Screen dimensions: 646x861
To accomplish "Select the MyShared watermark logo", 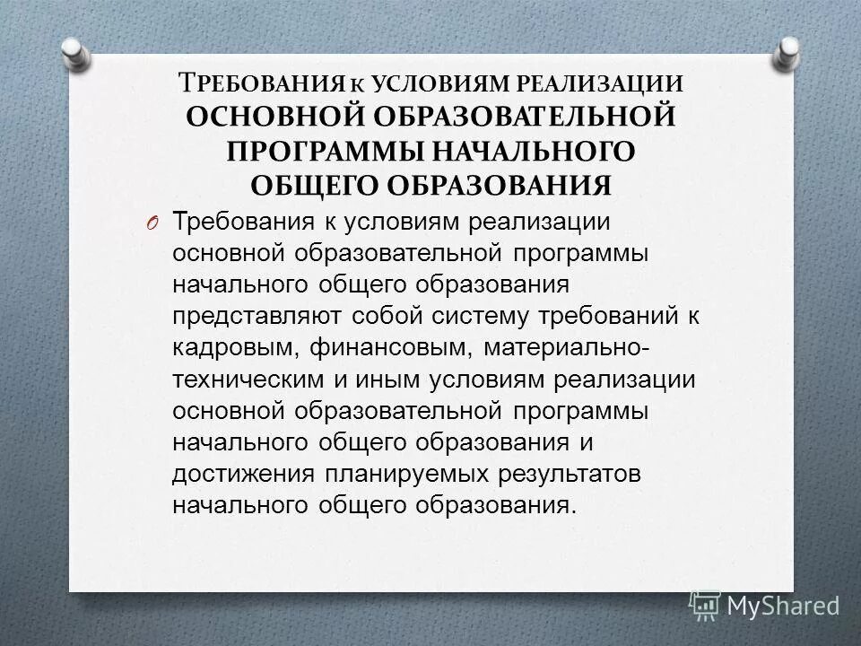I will [x=765, y=605].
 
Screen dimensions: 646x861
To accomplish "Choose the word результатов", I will [x=544, y=473].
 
